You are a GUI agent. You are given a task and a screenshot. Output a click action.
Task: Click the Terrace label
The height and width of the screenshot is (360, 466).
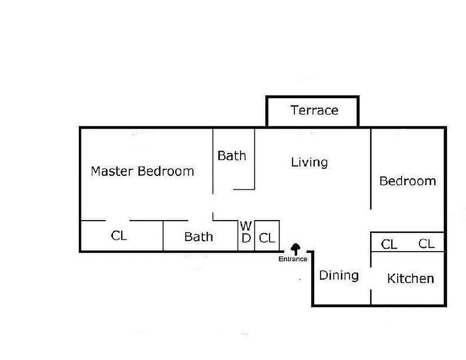click(x=314, y=110)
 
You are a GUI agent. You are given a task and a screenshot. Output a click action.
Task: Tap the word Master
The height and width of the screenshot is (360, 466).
click(x=112, y=171)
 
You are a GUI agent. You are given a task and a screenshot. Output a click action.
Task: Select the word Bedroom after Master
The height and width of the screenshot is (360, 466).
click(x=166, y=171)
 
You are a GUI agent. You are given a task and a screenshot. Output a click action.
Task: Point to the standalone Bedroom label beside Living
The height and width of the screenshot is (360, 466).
click(x=407, y=181)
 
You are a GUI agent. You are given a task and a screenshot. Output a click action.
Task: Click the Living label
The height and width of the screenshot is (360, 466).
click(x=309, y=162)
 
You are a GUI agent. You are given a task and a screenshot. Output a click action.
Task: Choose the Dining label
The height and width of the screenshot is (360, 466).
click(x=339, y=275)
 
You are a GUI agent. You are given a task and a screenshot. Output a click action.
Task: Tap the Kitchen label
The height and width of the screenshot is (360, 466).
click(x=410, y=279)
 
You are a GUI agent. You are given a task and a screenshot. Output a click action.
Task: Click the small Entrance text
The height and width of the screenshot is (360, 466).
click(x=293, y=259)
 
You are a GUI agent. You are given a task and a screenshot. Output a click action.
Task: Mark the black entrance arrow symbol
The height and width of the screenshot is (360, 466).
click(x=295, y=248)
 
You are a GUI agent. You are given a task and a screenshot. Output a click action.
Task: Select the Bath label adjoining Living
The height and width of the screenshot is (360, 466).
click(x=232, y=156)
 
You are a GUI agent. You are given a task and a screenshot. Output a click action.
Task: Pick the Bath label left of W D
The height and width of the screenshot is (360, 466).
click(x=199, y=237)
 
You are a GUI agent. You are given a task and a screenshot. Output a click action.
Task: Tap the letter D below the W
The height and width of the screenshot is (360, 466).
click(x=246, y=238)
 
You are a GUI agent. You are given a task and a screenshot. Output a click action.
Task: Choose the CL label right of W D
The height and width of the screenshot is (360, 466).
click(x=267, y=238)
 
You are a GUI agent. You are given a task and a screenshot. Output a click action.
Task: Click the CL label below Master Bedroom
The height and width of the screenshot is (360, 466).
click(x=119, y=235)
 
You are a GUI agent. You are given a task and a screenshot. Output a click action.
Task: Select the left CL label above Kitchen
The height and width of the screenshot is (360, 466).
click(x=389, y=244)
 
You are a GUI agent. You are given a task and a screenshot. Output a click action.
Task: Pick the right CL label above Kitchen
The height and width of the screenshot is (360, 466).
click(x=426, y=243)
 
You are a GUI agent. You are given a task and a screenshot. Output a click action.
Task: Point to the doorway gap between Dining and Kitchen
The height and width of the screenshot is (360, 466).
click(x=371, y=279)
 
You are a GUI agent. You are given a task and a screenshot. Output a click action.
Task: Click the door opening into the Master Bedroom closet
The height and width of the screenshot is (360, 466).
click(x=118, y=220)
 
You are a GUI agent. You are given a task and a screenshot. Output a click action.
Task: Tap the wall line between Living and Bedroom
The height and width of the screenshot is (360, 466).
click(x=371, y=169)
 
